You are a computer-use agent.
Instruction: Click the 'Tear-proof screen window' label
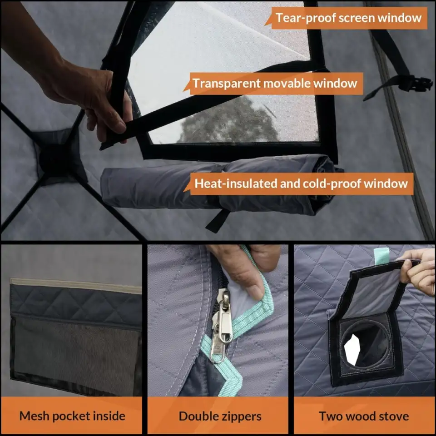click(348, 18)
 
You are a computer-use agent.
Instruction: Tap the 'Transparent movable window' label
click(275, 83)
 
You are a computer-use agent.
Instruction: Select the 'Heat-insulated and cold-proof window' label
click(301, 183)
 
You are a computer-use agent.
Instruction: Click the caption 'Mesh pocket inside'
click(72, 416)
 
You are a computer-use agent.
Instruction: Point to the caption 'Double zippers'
click(220, 416)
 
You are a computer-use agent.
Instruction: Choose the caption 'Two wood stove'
click(364, 416)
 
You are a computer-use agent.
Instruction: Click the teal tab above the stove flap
click(381, 256)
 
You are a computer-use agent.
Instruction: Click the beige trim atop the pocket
click(76, 286)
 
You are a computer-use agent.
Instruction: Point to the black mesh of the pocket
click(75, 356)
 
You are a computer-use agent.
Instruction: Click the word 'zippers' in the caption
click(240, 416)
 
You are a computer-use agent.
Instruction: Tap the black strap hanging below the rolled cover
click(218, 221)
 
